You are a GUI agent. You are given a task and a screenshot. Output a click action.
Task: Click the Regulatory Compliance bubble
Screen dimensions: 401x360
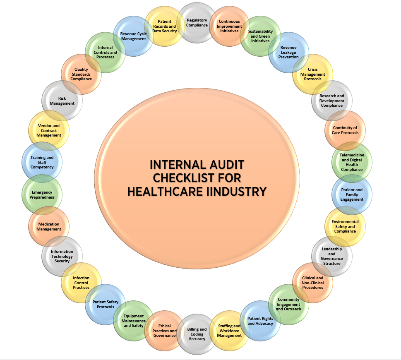(x=197, y=23)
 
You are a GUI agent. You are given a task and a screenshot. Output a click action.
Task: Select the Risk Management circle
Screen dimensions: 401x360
(x=62, y=101)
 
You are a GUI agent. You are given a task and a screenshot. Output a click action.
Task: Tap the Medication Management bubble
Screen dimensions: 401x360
(x=49, y=226)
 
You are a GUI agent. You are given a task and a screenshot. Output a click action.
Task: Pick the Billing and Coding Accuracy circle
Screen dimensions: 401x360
(x=197, y=334)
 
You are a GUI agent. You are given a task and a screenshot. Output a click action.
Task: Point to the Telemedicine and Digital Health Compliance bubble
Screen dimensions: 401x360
(x=352, y=162)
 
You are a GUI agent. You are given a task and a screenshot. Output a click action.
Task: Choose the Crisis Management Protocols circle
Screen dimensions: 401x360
(x=312, y=74)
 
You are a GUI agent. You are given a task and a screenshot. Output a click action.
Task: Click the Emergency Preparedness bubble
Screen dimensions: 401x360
(x=42, y=194)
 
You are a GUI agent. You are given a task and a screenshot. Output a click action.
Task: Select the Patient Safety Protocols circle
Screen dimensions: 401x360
(x=106, y=304)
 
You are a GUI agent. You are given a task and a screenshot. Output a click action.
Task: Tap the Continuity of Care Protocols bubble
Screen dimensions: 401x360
(x=345, y=130)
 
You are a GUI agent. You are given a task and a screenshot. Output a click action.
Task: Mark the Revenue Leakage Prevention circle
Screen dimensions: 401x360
(x=288, y=52)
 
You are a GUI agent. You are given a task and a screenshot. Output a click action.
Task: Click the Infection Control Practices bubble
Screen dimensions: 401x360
(x=82, y=283)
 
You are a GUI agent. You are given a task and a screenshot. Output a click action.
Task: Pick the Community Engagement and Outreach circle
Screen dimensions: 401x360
(x=288, y=304)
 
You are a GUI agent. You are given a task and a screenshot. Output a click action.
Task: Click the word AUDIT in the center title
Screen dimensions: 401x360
(x=227, y=165)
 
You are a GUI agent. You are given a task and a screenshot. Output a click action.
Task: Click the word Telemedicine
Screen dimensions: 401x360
(x=352, y=155)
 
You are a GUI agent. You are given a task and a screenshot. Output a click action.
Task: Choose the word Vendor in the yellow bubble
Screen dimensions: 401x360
(x=45, y=125)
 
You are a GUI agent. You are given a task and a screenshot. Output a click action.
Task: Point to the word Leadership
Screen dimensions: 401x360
(x=332, y=249)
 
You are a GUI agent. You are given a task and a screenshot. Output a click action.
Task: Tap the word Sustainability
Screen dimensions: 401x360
(x=260, y=31)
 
